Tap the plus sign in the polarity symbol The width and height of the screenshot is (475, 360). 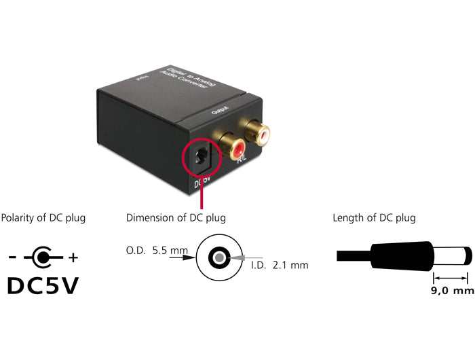(74, 258)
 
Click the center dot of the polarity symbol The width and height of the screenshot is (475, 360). (43, 257)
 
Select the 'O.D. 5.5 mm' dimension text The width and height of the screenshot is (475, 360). (157, 251)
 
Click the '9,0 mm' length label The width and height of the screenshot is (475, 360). (450, 291)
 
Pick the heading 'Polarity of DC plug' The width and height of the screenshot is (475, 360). (43, 218)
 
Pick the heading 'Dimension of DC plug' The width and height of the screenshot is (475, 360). (176, 218)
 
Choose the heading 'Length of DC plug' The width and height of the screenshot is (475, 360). (374, 218)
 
